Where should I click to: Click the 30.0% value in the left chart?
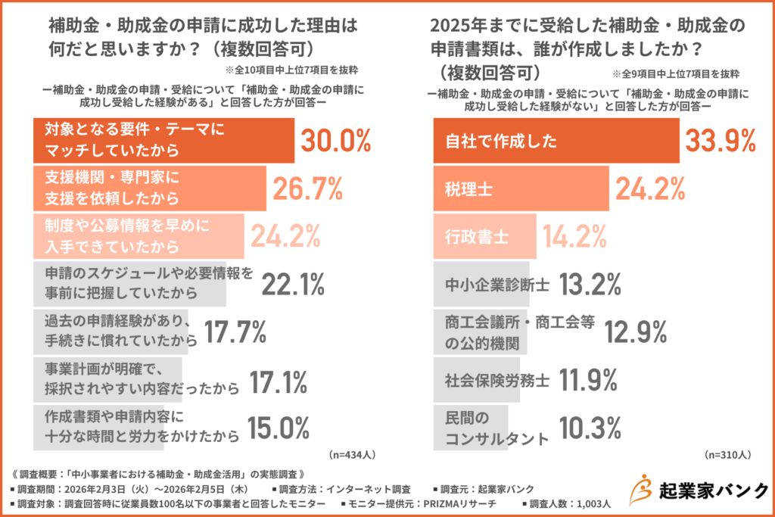click(336, 141)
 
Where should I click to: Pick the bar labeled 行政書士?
click(484, 237)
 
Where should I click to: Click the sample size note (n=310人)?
click(727, 456)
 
